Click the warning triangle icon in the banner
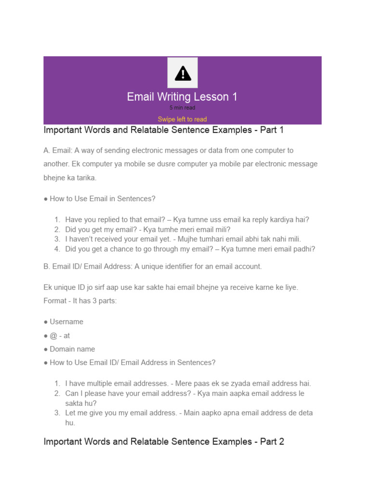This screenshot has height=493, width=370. tap(183, 74)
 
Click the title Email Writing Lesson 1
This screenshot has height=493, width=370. tap(182, 97)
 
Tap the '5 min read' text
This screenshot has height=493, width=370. tap(182, 108)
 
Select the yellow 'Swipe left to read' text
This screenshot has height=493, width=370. tap(182, 119)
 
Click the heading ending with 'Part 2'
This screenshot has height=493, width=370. tap(163, 441)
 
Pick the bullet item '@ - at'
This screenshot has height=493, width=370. tap(60, 336)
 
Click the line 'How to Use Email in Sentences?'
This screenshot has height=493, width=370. tap(102, 198)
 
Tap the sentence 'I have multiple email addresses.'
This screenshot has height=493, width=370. tap(116, 384)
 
